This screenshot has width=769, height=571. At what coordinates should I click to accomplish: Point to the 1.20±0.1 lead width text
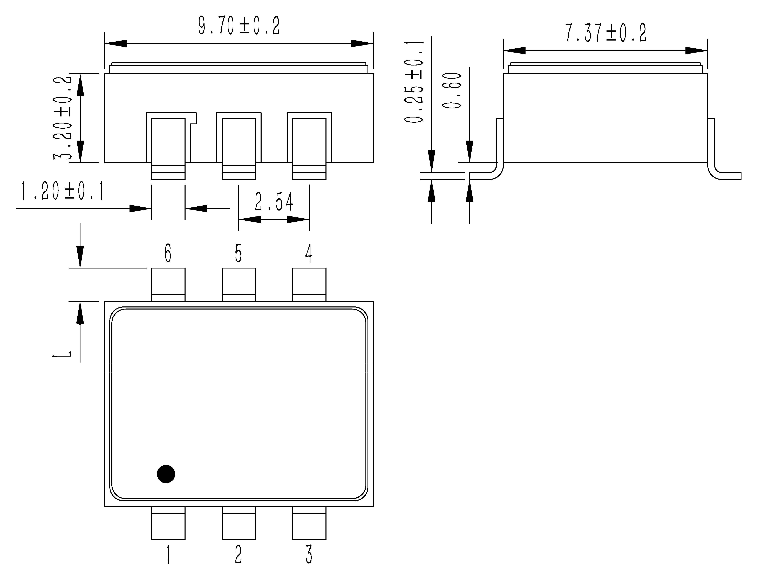point(62,192)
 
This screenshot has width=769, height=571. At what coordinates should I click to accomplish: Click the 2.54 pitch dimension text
point(274,202)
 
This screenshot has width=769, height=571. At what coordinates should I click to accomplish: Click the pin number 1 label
point(168,554)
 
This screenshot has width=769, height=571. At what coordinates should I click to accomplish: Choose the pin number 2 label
point(238,554)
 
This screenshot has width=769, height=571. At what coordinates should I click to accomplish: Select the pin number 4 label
point(309,253)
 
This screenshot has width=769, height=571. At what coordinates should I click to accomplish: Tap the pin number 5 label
point(238,253)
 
